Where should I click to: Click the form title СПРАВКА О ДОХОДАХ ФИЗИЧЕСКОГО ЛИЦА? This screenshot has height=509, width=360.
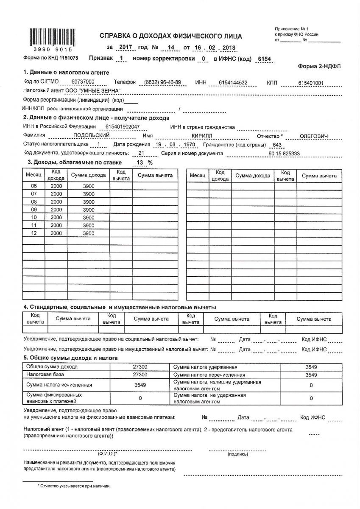170,36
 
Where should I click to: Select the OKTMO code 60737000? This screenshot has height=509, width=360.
83,82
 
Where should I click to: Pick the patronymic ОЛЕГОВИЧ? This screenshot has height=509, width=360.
314,136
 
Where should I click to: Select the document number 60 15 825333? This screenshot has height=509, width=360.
284,153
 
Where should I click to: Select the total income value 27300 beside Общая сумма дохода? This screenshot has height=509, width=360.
140,367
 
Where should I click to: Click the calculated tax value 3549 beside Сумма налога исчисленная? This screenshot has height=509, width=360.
140,385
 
